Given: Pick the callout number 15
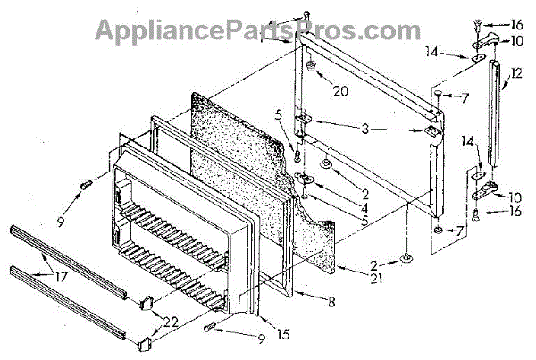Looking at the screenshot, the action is point(258,334).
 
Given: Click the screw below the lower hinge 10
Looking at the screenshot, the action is point(475,213).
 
